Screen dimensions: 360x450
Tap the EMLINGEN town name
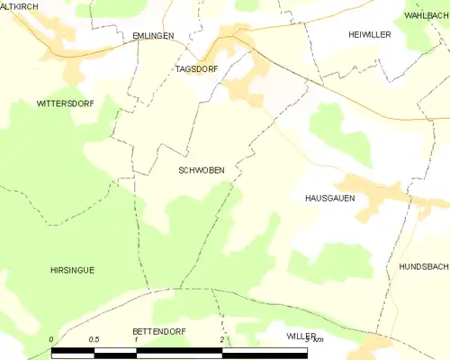[x=152, y=35]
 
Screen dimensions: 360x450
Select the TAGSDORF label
[x=197, y=69]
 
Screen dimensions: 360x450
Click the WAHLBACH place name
[x=427, y=16]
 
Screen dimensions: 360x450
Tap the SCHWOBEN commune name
[x=202, y=169]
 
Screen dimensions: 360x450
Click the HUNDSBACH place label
[x=418, y=268]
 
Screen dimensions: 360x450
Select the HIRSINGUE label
[x=72, y=269]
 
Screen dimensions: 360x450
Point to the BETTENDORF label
[x=158, y=331]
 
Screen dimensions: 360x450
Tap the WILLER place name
[x=301, y=336]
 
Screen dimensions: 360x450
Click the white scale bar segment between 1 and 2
[x=179, y=351]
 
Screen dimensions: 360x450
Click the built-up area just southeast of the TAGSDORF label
[x=241, y=89]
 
